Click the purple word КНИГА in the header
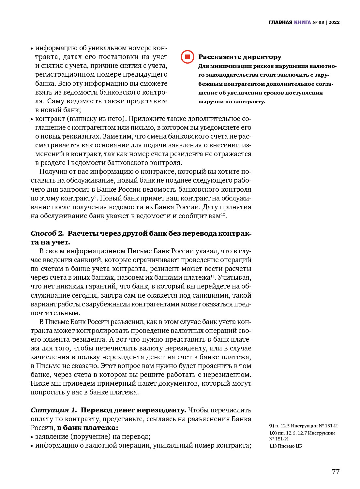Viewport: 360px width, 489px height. click(302, 22)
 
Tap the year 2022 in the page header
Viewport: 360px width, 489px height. click(334, 22)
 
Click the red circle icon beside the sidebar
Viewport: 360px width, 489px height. click(187, 57)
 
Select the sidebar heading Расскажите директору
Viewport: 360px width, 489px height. click(240, 57)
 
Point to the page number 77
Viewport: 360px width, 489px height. click(336, 472)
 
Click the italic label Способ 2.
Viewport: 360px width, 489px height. click(47, 233)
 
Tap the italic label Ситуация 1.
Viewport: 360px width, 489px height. click(54, 410)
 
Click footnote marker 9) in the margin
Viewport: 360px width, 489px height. click(272, 426)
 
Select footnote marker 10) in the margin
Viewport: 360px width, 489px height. click(273, 433)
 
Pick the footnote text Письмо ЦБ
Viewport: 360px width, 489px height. click(290, 446)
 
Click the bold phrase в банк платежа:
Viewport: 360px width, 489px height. click(87, 428)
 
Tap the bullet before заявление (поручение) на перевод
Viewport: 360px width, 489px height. click(32, 437)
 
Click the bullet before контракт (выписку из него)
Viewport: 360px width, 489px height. click(32, 119)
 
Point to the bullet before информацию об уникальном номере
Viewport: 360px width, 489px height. click(32, 49)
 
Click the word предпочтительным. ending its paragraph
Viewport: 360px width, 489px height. click(55, 313)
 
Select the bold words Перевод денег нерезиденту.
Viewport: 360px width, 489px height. click(133, 410)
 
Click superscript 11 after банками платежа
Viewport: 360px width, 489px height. click(212, 276)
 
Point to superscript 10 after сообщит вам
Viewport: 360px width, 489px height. click(223, 214)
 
